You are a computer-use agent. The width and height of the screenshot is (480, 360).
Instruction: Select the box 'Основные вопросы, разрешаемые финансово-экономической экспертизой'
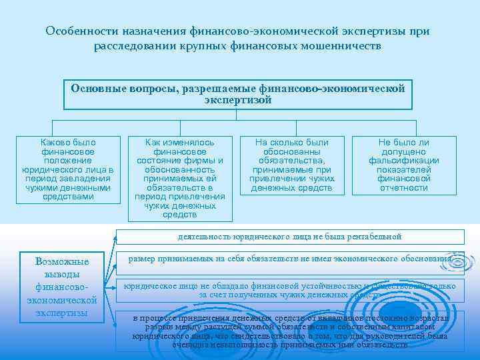pyautogui.click(x=238, y=95)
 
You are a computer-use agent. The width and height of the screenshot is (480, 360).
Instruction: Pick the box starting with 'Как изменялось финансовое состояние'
pyautogui.click(x=180, y=178)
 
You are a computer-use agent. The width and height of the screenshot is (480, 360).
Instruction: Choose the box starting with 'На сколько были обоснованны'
pyautogui.click(x=292, y=165)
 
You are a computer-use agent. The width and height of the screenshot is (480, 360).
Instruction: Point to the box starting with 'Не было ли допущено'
pyautogui.click(x=403, y=165)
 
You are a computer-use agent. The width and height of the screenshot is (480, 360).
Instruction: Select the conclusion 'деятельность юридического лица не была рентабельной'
pyautogui.click(x=289, y=237)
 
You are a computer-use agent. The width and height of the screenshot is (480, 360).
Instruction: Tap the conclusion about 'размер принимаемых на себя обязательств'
pyautogui.click(x=289, y=259)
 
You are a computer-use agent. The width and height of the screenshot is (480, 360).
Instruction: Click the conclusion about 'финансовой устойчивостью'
pyautogui.click(x=289, y=290)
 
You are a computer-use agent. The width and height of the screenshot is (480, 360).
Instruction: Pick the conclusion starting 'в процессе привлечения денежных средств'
pyautogui.click(x=289, y=331)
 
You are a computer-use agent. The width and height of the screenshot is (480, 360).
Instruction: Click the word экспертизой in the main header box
pyautogui.click(x=238, y=101)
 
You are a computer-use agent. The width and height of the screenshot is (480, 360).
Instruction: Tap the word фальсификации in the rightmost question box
pyautogui.click(x=403, y=161)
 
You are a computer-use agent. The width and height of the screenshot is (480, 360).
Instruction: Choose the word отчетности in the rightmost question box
pyautogui.click(x=403, y=188)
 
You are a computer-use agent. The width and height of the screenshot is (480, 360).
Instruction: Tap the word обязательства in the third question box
pyautogui.click(x=292, y=161)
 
